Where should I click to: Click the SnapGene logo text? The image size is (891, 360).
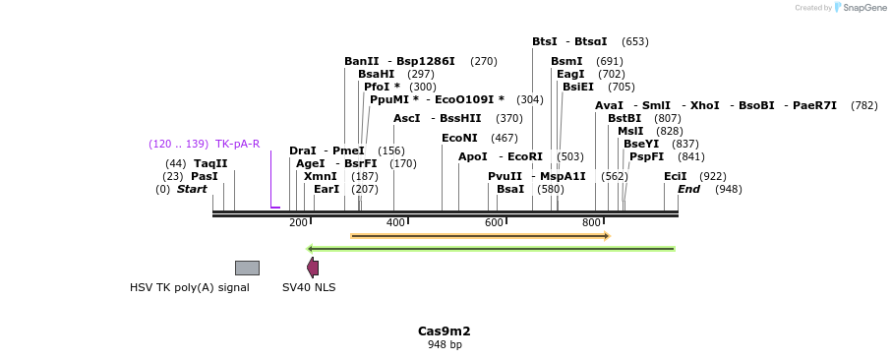click(x=861, y=8)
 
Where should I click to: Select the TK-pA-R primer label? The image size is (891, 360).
click(x=237, y=144)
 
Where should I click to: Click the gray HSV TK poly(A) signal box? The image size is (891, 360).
click(x=247, y=268)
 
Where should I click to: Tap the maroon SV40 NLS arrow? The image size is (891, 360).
click(x=313, y=268)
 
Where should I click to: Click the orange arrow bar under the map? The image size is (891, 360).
click(x=480, y=236)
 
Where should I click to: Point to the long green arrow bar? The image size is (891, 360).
click(x=491, y=249)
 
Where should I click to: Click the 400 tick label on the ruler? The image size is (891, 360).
click(x=395, y=223)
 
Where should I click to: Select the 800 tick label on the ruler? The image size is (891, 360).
click(x=591, y=223)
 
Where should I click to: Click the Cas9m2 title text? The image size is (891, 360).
click(x=445, y=331)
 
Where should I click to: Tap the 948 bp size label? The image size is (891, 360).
click(x=445, y=345)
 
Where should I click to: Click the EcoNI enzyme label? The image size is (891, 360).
click(x=459, y=139)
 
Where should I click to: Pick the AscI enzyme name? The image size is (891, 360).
click(x=406, y=118)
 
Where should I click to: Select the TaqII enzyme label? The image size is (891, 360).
click(x=210, y=163)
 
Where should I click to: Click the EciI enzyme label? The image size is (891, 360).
click(x=676, y=176)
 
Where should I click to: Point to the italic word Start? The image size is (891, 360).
click(x=192, y=189)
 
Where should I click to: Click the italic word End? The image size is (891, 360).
click(x=688, y=189)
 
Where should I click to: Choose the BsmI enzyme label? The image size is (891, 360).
click(x=566, y=61)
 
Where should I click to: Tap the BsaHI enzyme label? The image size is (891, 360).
click(x=376, y=74)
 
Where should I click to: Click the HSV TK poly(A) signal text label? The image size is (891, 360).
click(x=190, y=288)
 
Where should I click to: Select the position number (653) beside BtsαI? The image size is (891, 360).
click(x=635, y=41)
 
